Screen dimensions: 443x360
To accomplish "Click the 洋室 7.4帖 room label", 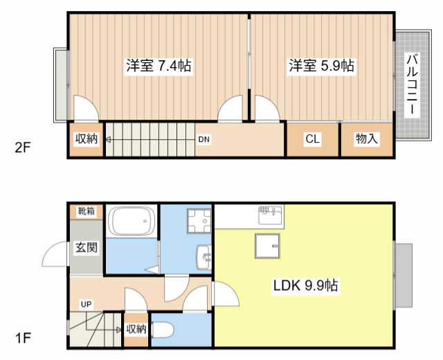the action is point(159,66).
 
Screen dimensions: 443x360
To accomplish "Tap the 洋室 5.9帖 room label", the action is point(321,66).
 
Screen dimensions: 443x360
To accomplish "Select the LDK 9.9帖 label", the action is point(305,285).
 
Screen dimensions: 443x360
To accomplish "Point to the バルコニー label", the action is point(413,84).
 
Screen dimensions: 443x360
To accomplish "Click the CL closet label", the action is point(312,138).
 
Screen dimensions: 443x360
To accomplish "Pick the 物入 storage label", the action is point(366,138).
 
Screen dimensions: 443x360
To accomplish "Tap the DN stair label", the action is point(204,139).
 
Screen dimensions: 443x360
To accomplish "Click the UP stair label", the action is point(86,305).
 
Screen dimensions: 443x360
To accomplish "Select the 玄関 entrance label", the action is point(86,248).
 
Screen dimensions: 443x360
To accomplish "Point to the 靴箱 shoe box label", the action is point(87,211).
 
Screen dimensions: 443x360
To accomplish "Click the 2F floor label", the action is point(23,147).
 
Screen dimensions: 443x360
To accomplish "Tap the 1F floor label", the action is point(23,338).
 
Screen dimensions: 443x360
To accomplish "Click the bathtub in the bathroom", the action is point(131,221).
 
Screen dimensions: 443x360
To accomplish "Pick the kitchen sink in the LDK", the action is point(270,215).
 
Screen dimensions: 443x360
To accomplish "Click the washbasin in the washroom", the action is point(204,257).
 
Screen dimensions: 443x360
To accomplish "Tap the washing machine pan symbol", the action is point(199,221).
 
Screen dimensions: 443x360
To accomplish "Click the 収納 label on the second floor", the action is point(86,138).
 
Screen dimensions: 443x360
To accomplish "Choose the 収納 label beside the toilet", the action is point(136,329).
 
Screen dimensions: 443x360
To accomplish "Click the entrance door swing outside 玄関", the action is point(55,254).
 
